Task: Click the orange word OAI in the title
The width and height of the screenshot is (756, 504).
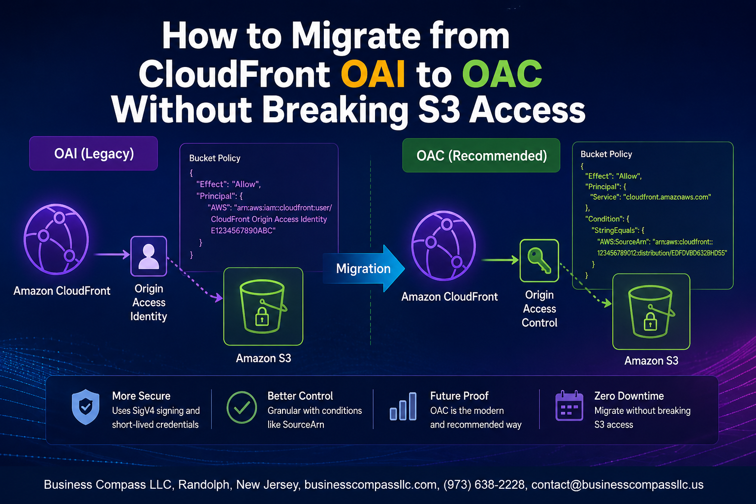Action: click(373, 74)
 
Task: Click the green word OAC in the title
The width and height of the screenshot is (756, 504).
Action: click(502, 74)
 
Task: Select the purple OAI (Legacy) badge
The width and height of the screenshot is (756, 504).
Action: click(94, 154)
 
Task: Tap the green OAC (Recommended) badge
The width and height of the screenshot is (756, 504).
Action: click(481, 156)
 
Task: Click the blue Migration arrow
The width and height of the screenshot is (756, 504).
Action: click(364, 268)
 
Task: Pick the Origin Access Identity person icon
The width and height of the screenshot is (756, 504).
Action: click(149, 256)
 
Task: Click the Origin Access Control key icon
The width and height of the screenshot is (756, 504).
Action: click(539, 260)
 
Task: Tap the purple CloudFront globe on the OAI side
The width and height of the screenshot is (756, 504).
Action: click(57, 239)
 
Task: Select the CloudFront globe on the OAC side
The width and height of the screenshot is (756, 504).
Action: click(443, 246)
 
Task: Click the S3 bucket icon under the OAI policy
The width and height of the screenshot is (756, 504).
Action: click(263, 307)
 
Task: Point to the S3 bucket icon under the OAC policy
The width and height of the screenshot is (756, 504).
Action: click(651, 312)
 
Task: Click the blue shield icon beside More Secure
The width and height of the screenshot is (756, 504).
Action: click(86, 407)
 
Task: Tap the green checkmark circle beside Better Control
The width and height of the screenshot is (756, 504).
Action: click(242, 408)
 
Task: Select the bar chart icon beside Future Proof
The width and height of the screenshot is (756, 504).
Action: click(403, 407)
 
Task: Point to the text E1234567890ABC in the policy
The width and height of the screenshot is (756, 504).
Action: click(243, 230)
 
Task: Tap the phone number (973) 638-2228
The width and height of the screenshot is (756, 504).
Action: click(484, 485)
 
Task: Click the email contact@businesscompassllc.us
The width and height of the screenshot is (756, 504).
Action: click(617, 485)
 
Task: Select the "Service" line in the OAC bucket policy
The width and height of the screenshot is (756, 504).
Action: click(650, 197)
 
